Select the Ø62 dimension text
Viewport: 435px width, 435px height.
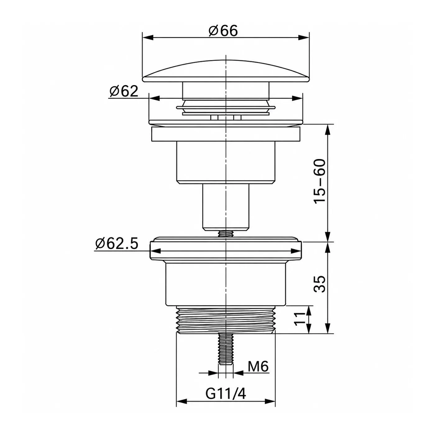click(124, 91)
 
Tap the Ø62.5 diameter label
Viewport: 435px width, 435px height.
click(117, 244)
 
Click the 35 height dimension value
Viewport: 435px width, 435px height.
click(320, 284)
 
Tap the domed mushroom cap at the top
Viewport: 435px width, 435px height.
click(226, 71)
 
